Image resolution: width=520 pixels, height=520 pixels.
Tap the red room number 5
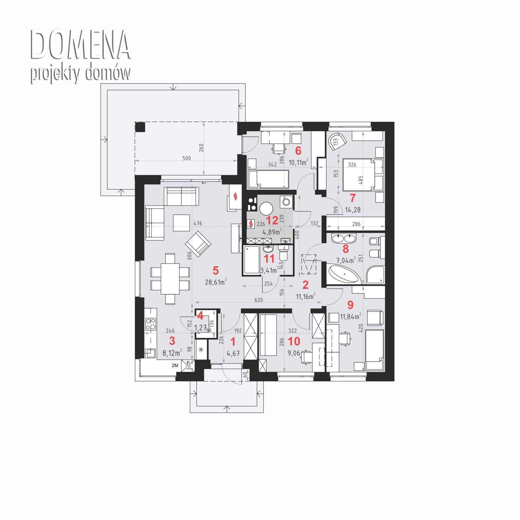pos(216,271)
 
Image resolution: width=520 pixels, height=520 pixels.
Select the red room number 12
pos(272,221)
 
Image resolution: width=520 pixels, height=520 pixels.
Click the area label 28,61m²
pos(215,282)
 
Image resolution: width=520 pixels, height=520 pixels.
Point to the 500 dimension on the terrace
pos(186,158)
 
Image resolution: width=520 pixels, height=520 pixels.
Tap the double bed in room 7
pos(363,175)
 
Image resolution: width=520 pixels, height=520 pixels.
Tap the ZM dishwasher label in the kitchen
pos(175,365)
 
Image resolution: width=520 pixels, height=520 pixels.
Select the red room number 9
pos(350,305)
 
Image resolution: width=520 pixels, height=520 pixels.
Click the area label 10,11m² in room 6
pos(298,162)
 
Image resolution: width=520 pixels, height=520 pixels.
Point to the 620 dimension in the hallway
pos(258,300)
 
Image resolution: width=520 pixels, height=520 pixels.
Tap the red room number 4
pos(201,316)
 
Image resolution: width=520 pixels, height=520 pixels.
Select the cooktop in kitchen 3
pos(151,324)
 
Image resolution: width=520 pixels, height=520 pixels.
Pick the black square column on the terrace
pos(140,127)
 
